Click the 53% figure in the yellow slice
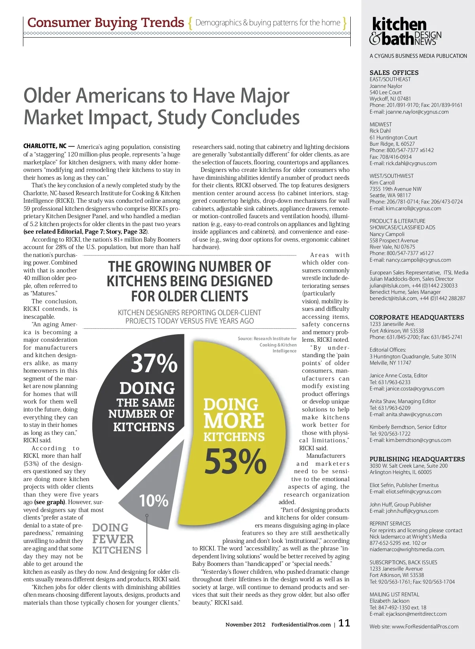tap(235, 461)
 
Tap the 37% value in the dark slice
tap(154, 363)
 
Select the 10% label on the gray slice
tap(154, 501)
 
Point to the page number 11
tap(344, 623)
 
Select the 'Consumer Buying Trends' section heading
tap(106, 23)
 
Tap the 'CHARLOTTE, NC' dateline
tap(45, 146)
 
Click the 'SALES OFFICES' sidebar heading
tap(394, 72)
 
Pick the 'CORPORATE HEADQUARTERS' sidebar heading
tap(416, 317)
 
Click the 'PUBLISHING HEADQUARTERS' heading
tap(417, 459)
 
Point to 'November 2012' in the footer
tap(245, 624)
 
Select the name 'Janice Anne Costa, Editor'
tap(398, 375)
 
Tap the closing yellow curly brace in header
tap(345, 23)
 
